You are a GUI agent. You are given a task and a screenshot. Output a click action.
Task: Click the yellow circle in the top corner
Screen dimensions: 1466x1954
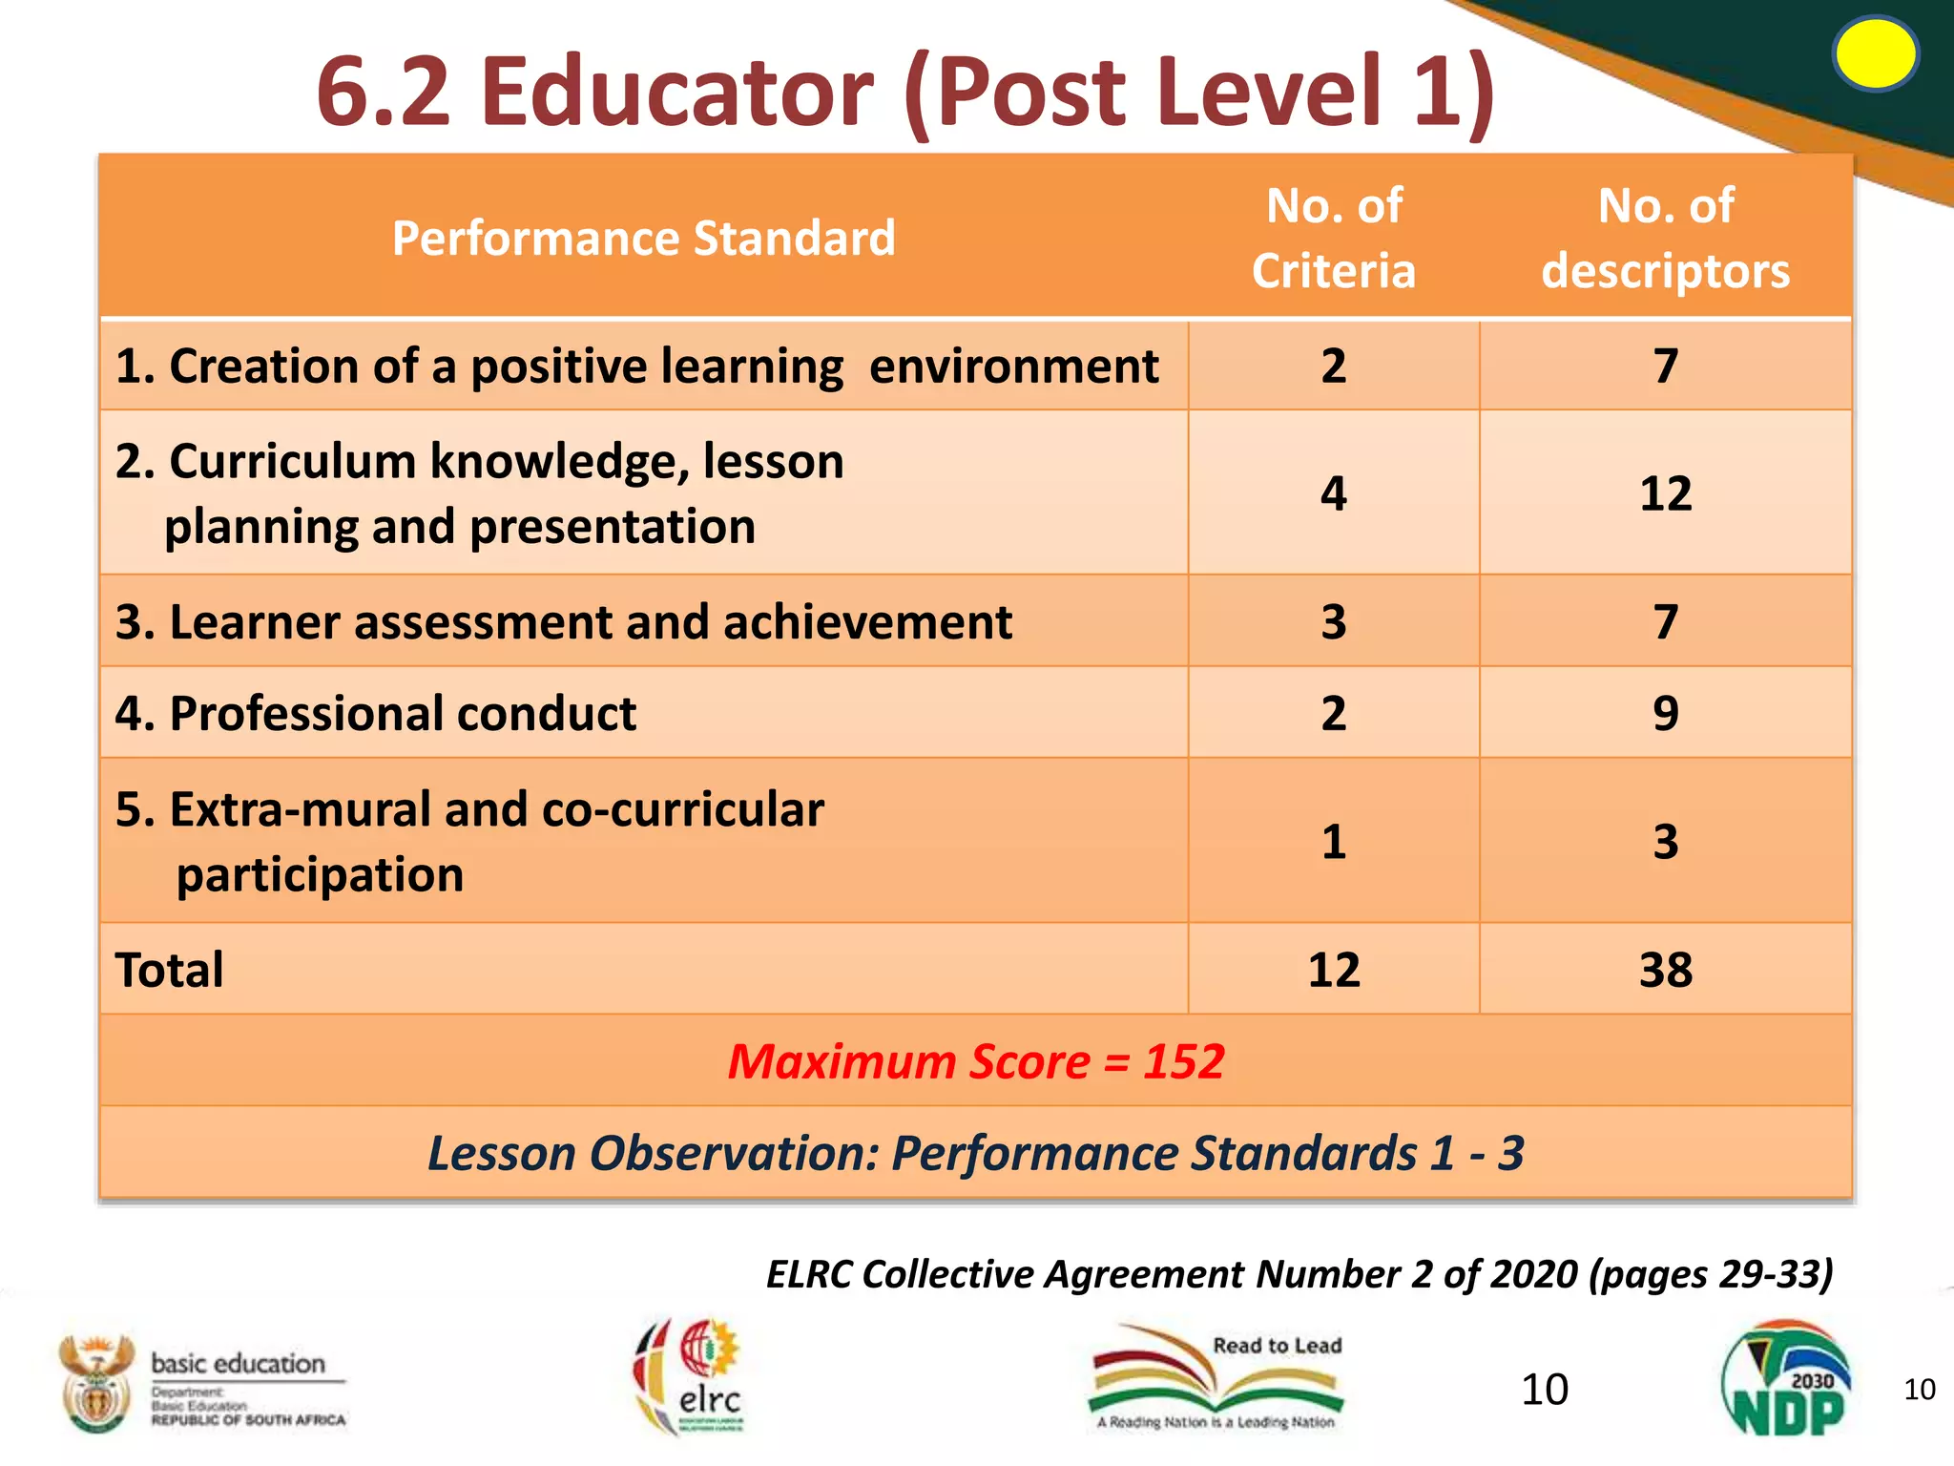1875,54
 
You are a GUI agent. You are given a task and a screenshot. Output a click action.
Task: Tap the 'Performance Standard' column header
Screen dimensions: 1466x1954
644,238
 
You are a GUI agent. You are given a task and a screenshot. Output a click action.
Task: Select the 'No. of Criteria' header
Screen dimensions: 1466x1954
1333,238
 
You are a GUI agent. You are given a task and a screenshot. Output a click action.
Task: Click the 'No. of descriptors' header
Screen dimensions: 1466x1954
1665,238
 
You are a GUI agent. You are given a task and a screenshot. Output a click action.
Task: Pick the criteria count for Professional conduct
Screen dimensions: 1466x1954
1333,713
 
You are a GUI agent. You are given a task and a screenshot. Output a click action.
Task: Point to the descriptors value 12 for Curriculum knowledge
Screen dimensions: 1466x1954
1665,493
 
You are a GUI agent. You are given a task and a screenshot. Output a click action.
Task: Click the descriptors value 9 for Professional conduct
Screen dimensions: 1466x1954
1665,713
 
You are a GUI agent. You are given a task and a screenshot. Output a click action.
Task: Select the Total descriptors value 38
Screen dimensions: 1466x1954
1665,970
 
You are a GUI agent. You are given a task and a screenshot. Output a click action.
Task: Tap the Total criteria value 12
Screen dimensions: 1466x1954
1333,970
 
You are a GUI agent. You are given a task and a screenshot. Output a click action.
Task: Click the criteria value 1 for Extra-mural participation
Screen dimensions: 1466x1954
1333,842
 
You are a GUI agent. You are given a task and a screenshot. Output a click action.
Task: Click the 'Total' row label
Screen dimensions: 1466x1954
170,970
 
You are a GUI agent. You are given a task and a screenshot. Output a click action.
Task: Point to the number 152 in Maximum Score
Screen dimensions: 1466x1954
1183,1061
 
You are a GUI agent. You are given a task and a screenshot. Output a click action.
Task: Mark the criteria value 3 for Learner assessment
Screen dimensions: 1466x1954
1333,622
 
